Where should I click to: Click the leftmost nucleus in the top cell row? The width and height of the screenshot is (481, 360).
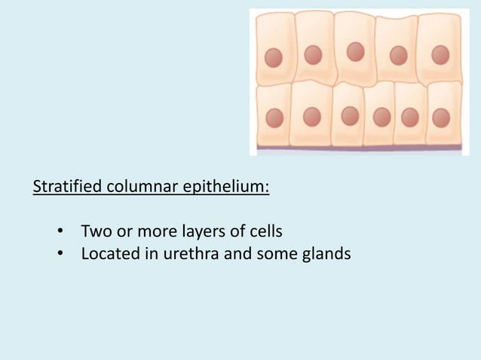click(x=274, y=58)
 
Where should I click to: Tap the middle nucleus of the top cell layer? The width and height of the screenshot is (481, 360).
click(x=355, y=52)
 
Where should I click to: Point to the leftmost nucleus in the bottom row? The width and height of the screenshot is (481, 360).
click(x=274, y=117)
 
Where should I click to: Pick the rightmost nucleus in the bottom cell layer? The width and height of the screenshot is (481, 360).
click(x=441, y=117)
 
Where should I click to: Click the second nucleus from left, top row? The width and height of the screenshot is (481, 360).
click(x=313, y=55)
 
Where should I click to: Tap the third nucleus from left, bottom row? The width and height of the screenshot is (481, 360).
click(x=350, y=116)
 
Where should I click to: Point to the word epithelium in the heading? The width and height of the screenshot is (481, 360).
click(x=223, y=186)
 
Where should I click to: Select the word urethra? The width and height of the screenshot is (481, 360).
click(x=183, y=254)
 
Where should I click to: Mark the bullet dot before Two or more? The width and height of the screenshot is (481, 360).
click(x=60, y=230)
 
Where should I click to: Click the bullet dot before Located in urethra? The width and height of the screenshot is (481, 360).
click(x=60, y=255)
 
